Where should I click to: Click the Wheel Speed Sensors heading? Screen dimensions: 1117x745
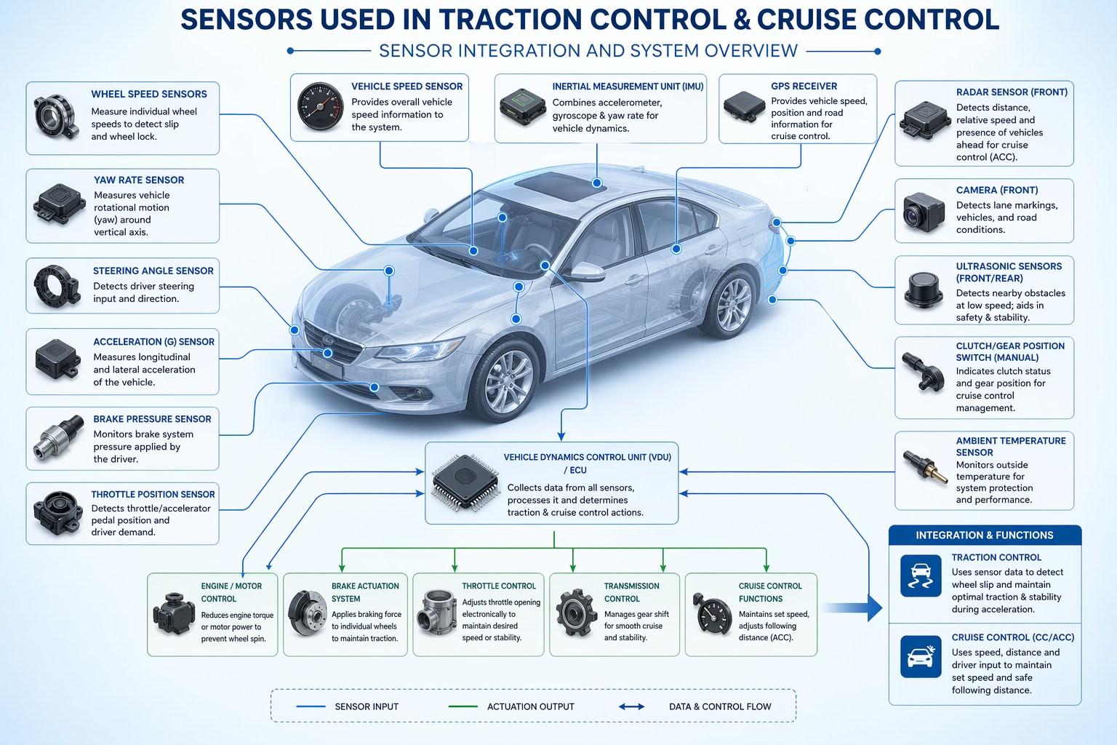(x=148, y=94)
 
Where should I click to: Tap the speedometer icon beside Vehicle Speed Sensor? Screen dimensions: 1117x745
(x=320, y=106)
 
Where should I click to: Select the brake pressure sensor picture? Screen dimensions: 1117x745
(x=58, y=437)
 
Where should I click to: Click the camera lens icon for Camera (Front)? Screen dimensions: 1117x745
(x=924, y=212)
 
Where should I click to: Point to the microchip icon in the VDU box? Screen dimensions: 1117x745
(x=465, y=482)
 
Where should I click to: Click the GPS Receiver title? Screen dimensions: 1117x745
(x=804, y=86)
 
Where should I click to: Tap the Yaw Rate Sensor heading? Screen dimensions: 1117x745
(x=139, y=180)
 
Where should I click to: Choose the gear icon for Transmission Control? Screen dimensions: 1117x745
(x=577, y=613)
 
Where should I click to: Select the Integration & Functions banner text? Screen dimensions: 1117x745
(x=985, y=535)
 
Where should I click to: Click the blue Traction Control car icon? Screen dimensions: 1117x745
(x=921, y=575)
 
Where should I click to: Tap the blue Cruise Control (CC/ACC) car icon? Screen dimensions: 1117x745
(x=921, y=657)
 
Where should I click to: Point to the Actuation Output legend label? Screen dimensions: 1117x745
(x=531, y=706)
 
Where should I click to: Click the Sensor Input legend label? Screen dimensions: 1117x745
(x=367, y=706)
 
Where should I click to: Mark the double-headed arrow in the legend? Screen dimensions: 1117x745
(x=631, y=706)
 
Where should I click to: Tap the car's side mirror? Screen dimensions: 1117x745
(x=587, y=272)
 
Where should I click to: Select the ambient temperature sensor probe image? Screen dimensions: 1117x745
(x=924, y=466)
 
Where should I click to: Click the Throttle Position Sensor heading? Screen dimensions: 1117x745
(x=153, y=494)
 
